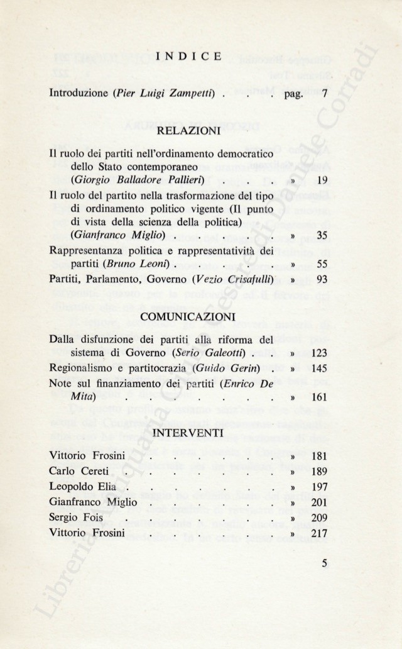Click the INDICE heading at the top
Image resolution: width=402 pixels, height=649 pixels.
(x=188, y=57)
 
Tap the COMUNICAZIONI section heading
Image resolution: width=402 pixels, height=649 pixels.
(x=188, y=316)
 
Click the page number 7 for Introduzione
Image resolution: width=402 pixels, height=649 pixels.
(x=324, y=94)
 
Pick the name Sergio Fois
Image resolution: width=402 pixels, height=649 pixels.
(x=68, y=519)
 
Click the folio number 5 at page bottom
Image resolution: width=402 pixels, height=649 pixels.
(x=324, y=563)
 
